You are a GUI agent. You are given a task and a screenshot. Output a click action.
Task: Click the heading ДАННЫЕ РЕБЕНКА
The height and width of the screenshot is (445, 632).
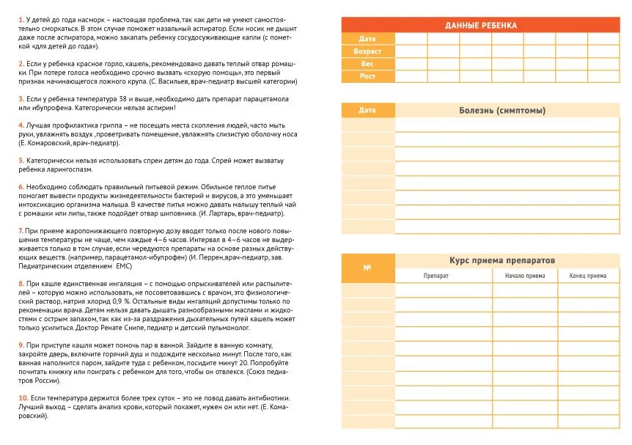480,26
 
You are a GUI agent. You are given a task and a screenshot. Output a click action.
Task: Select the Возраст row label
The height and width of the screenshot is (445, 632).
367,52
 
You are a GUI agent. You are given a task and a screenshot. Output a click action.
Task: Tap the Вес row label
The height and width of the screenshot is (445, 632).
367,65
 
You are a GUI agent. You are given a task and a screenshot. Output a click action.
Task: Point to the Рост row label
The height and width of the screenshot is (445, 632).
367,76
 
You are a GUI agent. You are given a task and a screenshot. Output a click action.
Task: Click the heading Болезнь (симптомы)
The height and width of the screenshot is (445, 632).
502,111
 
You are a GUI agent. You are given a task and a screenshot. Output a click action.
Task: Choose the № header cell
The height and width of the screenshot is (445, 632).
367,268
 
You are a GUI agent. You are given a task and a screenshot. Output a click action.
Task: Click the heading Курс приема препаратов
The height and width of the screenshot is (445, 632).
502,261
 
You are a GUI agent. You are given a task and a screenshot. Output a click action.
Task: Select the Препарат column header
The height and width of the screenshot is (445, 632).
436,276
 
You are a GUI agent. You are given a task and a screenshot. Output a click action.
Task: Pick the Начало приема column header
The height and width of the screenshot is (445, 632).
525,276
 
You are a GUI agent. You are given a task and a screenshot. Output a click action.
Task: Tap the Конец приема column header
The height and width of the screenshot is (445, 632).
588,276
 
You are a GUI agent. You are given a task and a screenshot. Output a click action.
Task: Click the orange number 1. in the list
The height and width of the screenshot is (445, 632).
21,18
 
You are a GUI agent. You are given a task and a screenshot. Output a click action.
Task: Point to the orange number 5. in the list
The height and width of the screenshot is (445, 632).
21,160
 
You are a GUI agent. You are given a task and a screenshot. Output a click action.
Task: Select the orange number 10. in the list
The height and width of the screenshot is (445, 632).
23,397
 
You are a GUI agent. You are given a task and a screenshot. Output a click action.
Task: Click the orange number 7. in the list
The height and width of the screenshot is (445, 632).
21,230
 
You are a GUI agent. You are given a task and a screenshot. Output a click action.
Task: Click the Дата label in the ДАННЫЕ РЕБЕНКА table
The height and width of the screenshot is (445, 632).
367,39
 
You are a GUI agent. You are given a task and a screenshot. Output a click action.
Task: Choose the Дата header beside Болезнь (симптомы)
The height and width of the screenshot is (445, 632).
367,111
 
